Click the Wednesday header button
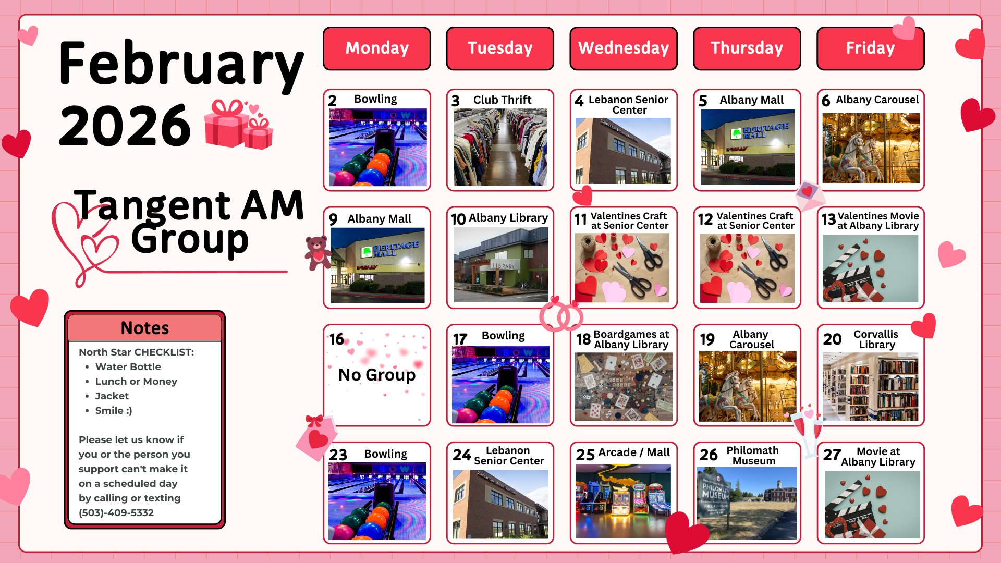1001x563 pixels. [624, 48]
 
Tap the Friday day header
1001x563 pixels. [870, 48]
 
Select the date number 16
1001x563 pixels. [337, 339]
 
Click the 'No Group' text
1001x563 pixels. [377, 375]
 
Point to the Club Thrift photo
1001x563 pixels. [500, 147]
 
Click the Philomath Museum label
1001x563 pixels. [753, 456]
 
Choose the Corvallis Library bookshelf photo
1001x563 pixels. [871, 387]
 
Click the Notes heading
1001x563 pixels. [145, 328]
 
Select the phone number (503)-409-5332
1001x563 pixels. [116, 512]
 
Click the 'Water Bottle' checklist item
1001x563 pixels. [128, 366]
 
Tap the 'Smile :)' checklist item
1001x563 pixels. [114, 410]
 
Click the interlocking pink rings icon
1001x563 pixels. [561, 315]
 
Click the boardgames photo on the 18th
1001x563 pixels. [624, 387]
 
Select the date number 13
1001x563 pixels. [828, 219]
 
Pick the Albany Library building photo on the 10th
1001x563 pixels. [500, 265]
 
